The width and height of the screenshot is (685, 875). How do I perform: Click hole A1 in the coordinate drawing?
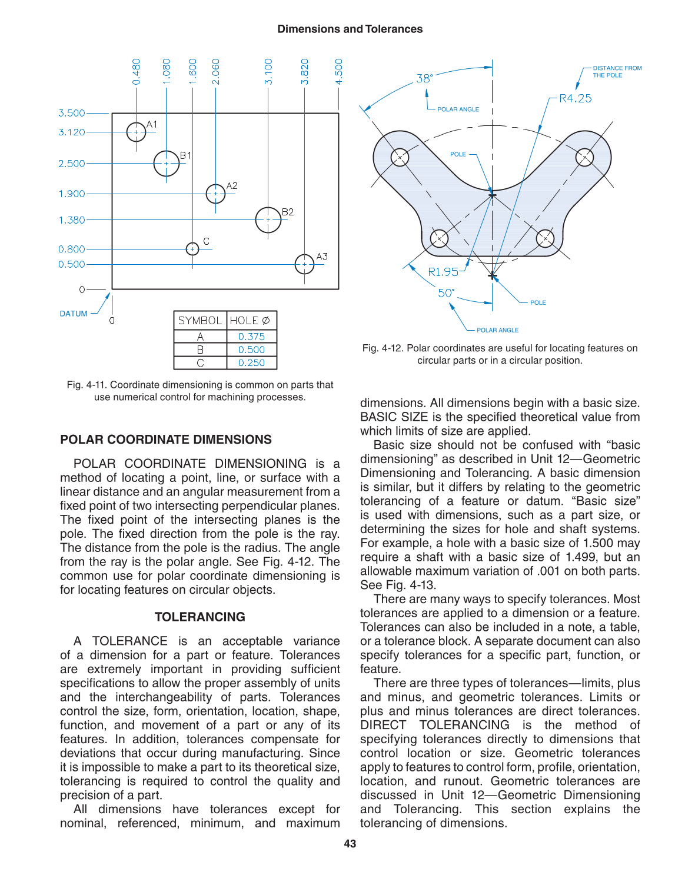click(136, 132)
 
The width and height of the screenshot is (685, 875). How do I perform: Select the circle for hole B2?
click(268, 219)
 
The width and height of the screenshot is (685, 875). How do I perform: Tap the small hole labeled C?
click(192, 249)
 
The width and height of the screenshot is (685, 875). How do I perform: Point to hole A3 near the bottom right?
click(304, 264)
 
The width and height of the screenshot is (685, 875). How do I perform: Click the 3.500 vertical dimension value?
click(71, 113)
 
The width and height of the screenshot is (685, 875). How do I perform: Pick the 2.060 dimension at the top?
click(216, 71)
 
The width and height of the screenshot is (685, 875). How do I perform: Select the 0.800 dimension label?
click(71, 249)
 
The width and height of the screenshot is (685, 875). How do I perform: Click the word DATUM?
click(74, 314)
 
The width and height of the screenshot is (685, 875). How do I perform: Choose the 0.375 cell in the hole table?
click(251, 337)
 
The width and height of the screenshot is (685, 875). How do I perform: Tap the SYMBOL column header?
click(200, 321)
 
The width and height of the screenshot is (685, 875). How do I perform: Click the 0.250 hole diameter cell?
click(251, 363)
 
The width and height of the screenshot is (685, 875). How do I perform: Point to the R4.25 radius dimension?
click(575, 98)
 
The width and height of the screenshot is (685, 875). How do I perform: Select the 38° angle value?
click(424, 78)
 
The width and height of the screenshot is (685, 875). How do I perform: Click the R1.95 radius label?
click(443, 272)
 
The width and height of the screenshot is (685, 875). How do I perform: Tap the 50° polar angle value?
click(446, 293)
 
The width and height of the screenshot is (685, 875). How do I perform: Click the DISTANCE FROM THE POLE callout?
click(617, 72)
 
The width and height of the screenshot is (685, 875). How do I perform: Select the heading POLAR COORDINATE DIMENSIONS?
click(166, 440)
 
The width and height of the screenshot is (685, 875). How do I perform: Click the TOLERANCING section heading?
click(199, 617)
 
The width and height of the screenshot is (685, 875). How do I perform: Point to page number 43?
click(350, 844)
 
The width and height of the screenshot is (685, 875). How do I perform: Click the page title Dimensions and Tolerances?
click(350, 29)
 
